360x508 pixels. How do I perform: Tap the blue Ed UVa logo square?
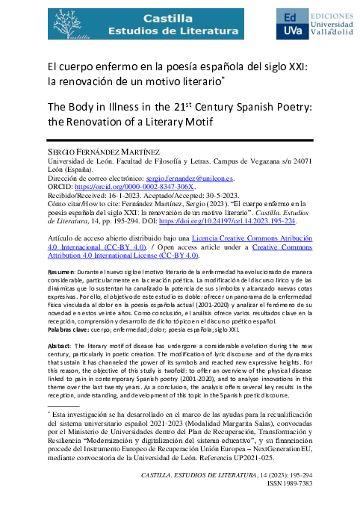point(294,25)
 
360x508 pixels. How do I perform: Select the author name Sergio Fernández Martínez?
point(99,152)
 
